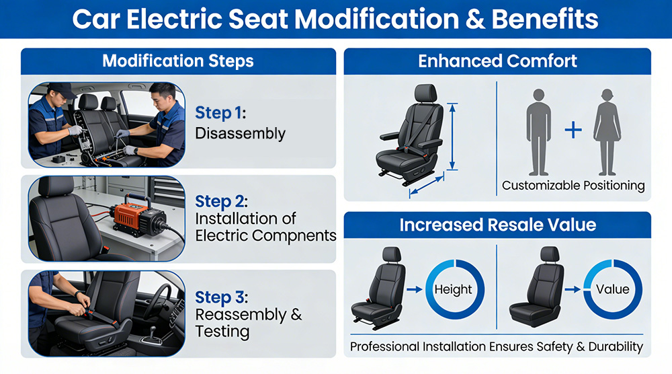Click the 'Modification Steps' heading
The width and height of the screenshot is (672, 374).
tap(178, 61)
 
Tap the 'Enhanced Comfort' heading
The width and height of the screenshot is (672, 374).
tap(497, 61)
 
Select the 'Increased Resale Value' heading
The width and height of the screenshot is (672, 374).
tap(497, 225)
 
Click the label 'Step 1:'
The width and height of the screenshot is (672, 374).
tap(220, 113)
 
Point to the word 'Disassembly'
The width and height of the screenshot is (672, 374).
tap(240, 133)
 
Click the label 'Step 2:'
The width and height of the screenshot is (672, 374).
tap(221, 201)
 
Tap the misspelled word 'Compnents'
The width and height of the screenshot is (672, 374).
tap(294, 235)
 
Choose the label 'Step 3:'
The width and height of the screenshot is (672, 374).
tap(221, 297)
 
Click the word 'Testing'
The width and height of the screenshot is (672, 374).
tap(222, 332)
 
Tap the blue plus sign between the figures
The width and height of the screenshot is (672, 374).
tap(573, 130)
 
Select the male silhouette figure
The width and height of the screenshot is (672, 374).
tap(538, 132)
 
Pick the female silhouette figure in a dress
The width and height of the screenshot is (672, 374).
tap(607, 132)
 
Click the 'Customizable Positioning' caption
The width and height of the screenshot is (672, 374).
tap(573, 185)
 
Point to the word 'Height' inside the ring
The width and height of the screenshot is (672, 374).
tap(453, 289)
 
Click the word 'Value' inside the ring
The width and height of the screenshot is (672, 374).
tap(612, 289)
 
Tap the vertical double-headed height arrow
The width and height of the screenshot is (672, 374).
tap(452, 137)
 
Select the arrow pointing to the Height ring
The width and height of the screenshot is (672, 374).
tap(415, 290)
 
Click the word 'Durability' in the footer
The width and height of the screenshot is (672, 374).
tap(616, 346)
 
